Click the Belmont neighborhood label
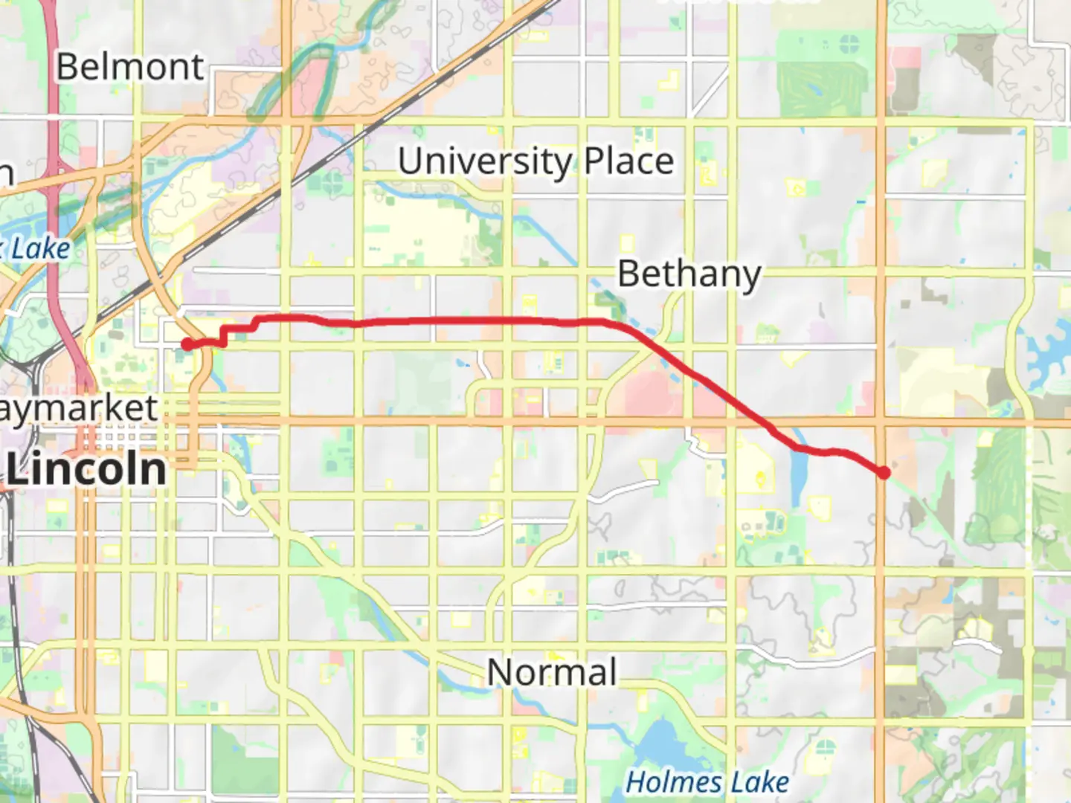point(129,67)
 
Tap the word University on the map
point(485,161)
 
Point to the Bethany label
point(689,274)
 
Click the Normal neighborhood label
point(552,672)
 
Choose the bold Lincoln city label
point(86,469)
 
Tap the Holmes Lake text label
point(707,782)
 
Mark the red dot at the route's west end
point(187,344)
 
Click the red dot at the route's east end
point(884,472)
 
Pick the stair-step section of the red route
point(238,331)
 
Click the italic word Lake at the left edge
point(41,249)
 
